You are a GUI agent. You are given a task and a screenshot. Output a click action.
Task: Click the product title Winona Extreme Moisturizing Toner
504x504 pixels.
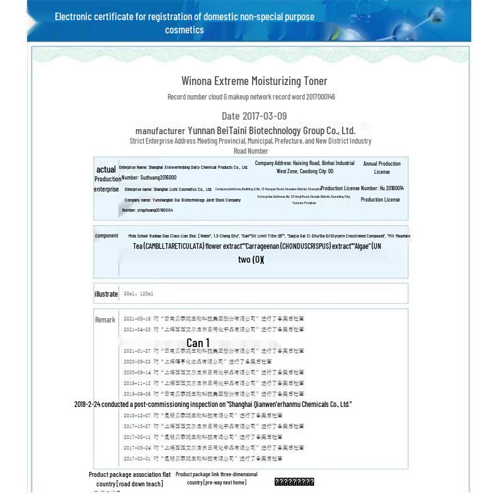pyautogui.click(x=254, y=81)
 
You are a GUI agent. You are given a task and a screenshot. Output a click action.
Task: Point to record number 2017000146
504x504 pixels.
pyautogui.click(x=321, y=97)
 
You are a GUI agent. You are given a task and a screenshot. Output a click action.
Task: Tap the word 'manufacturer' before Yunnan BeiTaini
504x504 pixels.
pyautogui.click(x=160, y=131)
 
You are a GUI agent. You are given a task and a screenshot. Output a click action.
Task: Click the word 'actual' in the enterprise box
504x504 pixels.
pyautogui.click(x=106, y=169)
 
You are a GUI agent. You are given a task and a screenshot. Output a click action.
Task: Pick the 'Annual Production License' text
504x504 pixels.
pyautogui.click(x=381, y=168)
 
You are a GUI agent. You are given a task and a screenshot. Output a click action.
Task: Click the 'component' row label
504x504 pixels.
pyautogui.click(x=106, y=236)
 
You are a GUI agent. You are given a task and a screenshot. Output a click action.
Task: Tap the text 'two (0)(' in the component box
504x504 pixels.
pyautogui.click(x=251, y=260)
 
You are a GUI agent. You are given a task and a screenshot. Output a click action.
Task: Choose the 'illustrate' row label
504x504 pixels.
pyautogui.click(x=106, y=294)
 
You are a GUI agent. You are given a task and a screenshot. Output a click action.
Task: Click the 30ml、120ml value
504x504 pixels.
pyautogui.click(x=139, y=294)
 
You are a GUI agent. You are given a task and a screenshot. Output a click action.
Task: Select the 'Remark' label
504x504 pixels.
pyautogui.click(x=105, y=320)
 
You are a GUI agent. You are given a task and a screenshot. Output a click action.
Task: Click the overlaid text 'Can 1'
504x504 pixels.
pyautogui.click(x=198, y=343)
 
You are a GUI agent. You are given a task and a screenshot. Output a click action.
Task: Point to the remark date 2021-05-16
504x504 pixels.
pyautogui.click(x=137, y=319)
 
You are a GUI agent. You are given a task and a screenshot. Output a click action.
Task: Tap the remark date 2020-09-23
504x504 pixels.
pyautogui.click(x=137, y=362)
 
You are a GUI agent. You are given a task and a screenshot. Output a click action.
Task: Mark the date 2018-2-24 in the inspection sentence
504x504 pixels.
pyautogui.click(x=87, y=404)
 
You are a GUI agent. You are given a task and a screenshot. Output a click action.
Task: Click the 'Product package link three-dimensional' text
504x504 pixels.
pyautogui.click(x=216, y=474)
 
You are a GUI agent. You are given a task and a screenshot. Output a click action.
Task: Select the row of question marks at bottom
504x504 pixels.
pyautogui.click(x=294, y=482)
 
